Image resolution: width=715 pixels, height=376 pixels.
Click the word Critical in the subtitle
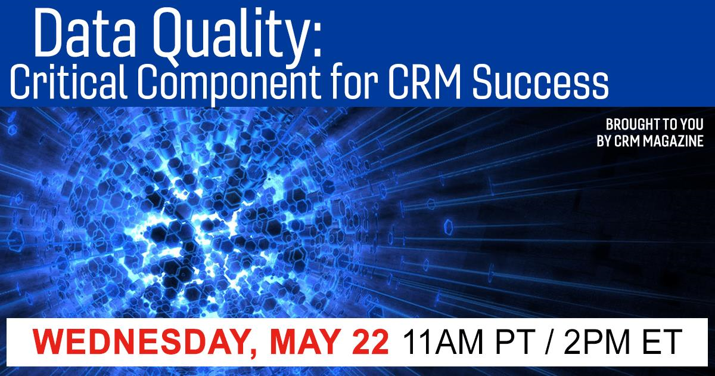coord(69,82)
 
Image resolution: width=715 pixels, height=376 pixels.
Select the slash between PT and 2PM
coord(549,342)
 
